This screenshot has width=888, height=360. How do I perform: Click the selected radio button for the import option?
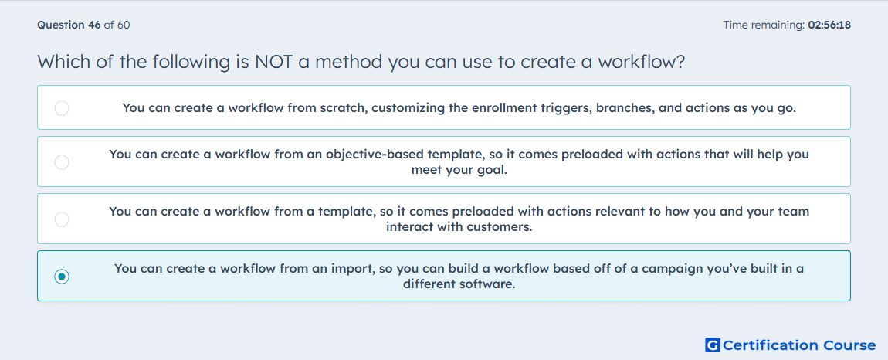[x=62, y=277]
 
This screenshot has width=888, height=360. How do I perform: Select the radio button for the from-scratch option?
[x=62, y=107]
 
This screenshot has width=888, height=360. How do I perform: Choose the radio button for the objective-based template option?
[x=62, y=162]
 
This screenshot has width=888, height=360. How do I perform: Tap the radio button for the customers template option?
[x=62, y=219]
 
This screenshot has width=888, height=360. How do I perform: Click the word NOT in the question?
[x=273, y=61]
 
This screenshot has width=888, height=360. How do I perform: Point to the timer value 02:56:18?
[x=829, y=25]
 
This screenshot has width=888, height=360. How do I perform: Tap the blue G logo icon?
[x=713, y=345]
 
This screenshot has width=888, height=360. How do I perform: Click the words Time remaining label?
[x=764, y=25]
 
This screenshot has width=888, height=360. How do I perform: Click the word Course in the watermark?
[x=849, y=345]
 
